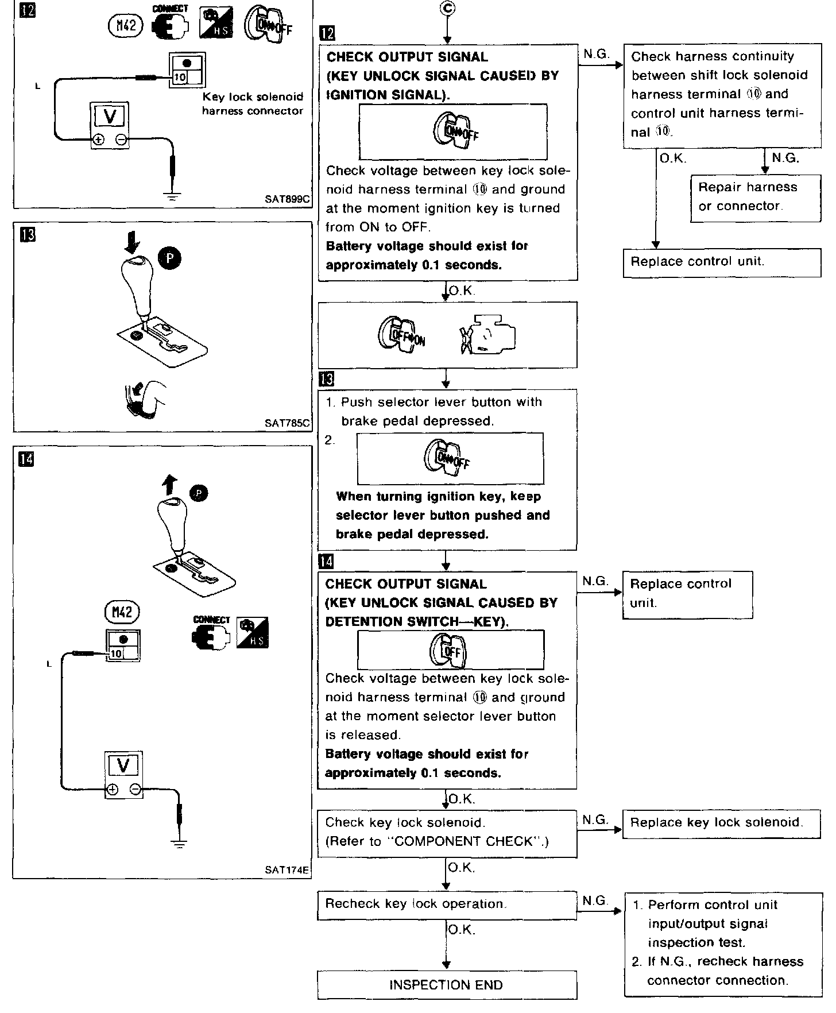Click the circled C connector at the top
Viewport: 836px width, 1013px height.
[x=447, y=9]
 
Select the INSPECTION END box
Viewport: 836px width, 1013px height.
[x=447, y=985]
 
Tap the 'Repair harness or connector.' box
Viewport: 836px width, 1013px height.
[x=756, y=197]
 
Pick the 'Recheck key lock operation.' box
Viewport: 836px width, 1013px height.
[x=447, y=904]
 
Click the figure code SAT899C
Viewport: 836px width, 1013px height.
[x=287, y=199]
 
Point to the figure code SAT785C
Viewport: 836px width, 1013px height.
[x=287, y=423]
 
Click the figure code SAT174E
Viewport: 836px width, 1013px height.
[x=287, y=869]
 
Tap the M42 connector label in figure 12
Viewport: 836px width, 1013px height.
[x=125, y=26]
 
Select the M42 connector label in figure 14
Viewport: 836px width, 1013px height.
[x=122, y=612]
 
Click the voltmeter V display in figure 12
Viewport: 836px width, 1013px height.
[x=110, y=117]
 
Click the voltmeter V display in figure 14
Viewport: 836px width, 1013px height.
[x=123, y=765]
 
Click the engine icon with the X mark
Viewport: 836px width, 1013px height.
[x=487, y=335]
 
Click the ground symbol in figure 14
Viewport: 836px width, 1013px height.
[x=180, y=844]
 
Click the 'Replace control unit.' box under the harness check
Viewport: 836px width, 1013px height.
[x=721, y=262]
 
